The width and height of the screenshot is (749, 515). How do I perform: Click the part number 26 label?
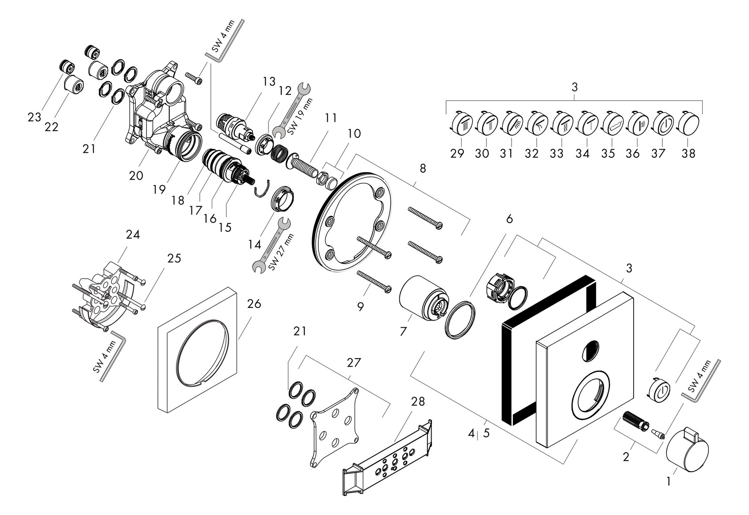tap(254, 304)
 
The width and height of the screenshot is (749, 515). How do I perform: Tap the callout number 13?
tap(268, 81)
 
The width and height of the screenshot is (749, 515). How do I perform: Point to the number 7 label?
tap(403, 331)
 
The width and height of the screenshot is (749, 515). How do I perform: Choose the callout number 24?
tap(133, 235)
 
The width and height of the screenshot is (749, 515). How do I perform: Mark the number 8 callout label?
tap(423, 168)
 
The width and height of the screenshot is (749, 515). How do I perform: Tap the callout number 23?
tap(34, 117)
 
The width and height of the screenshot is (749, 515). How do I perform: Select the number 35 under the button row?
tap(611, 153)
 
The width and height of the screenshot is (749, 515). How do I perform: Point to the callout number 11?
tap(330, 118)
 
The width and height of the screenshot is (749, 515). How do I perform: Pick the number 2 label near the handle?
tap(626, 457)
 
